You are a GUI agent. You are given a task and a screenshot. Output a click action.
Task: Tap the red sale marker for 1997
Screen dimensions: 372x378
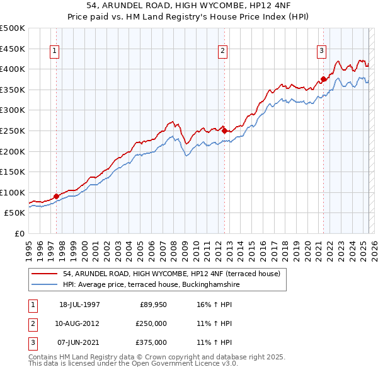click(56, 196)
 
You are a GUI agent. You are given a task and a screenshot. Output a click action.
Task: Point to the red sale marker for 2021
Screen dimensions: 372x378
click(323, 79)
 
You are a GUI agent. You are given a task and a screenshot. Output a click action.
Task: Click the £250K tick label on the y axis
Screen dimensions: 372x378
click(13, 131)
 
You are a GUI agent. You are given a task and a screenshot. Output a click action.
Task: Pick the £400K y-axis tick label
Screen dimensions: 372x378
click(13, 69)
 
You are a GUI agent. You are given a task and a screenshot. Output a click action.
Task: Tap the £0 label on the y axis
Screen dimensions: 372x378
click(19, 234)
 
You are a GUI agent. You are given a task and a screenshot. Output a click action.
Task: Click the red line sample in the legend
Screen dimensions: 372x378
click(45, 274)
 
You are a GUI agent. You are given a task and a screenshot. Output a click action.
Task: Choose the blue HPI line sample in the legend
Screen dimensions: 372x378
click(45, 284)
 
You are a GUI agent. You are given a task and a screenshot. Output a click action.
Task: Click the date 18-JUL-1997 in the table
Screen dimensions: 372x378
click(79, 305)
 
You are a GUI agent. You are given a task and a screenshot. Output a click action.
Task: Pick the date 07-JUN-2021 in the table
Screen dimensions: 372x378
click(79, 342)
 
